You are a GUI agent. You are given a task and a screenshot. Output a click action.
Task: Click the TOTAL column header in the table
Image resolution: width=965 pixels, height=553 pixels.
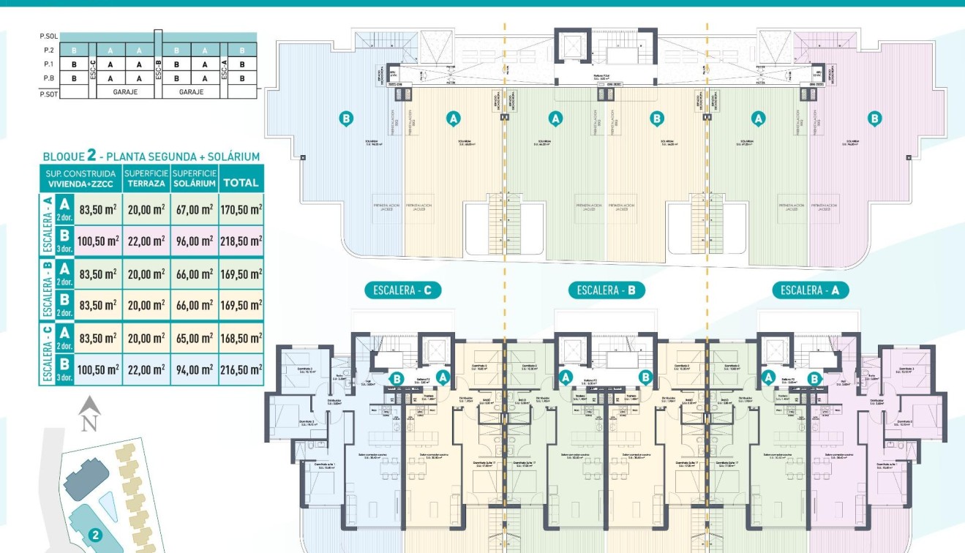click(241, 183)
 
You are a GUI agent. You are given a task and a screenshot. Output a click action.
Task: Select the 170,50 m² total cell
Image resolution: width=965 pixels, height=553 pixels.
click(241, 210)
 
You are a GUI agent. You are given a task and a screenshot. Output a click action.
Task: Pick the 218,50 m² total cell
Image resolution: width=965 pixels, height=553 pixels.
click(241, 241)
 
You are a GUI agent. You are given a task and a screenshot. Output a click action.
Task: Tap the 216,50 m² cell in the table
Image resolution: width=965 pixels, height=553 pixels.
click(241, 369)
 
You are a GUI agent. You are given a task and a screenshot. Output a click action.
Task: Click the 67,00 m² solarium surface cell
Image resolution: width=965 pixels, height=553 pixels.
click(194, 210)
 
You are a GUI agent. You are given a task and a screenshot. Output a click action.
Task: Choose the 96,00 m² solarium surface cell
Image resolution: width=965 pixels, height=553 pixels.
click(194, 241)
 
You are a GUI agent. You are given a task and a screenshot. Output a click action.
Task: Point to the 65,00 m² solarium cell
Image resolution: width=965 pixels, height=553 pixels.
click(194, 338)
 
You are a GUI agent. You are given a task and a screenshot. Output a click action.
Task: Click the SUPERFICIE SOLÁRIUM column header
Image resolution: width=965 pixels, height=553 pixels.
click(194, 178)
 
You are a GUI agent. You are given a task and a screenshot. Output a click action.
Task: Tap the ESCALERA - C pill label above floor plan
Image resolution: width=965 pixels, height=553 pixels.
click(402, 290)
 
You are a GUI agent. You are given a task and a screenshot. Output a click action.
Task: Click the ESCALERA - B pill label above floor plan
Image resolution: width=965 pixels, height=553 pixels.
click(607, 290)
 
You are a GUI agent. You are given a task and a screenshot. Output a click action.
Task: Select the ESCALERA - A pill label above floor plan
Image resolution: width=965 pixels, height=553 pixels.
click(811, 290)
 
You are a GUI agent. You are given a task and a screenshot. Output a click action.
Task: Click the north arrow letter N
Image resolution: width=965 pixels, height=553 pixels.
click(89, 424)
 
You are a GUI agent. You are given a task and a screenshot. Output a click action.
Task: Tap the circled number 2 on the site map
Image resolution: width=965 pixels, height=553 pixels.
click(94, 535)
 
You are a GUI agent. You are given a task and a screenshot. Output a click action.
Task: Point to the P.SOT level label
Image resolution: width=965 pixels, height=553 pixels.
click(48, 94)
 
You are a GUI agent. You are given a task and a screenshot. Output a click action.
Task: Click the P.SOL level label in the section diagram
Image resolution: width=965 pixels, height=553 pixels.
click(48, 36)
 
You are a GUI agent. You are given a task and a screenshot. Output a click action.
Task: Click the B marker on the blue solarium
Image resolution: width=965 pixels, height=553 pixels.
click(347, 118)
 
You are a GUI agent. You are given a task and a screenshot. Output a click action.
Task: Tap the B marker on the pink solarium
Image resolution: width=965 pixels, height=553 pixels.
click(874, 118)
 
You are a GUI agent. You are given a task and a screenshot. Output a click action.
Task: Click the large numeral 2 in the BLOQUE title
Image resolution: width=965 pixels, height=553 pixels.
click(91, 155)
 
